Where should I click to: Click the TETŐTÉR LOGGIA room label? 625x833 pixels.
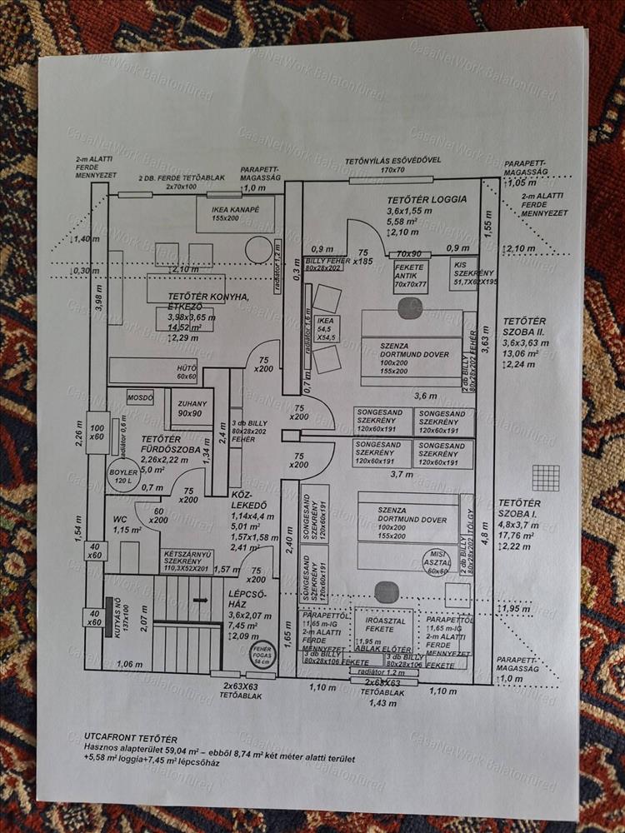pyautogui.click(x=427, y=202)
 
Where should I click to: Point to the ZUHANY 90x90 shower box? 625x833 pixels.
pyautogui.click(x=191, y=407)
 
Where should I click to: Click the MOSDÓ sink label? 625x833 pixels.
pyautogui.click(x=140, y=397)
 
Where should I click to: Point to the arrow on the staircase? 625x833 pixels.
pyautogui.click(x=200, y=599)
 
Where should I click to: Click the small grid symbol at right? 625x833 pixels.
pyautogui.click(x=546, y=477)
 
